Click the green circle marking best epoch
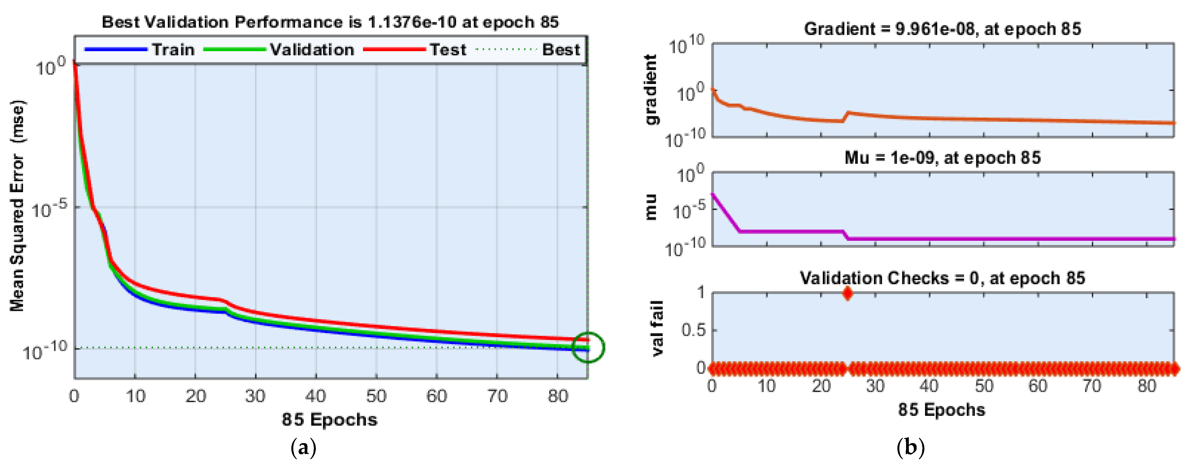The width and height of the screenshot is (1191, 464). tap(588, 347)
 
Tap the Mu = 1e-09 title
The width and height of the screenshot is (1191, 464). tap(942, 158)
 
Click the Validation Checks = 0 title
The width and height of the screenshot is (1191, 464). tap(942, 278)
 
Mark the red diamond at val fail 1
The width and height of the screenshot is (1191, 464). tap(847, 293)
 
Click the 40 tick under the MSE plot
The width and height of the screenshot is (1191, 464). tap(316, 396)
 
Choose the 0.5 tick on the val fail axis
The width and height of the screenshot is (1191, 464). tap(693, 330)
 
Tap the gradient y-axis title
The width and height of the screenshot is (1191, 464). tap(651, 89)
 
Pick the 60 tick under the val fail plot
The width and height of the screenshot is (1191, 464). tap(1037, 386)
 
